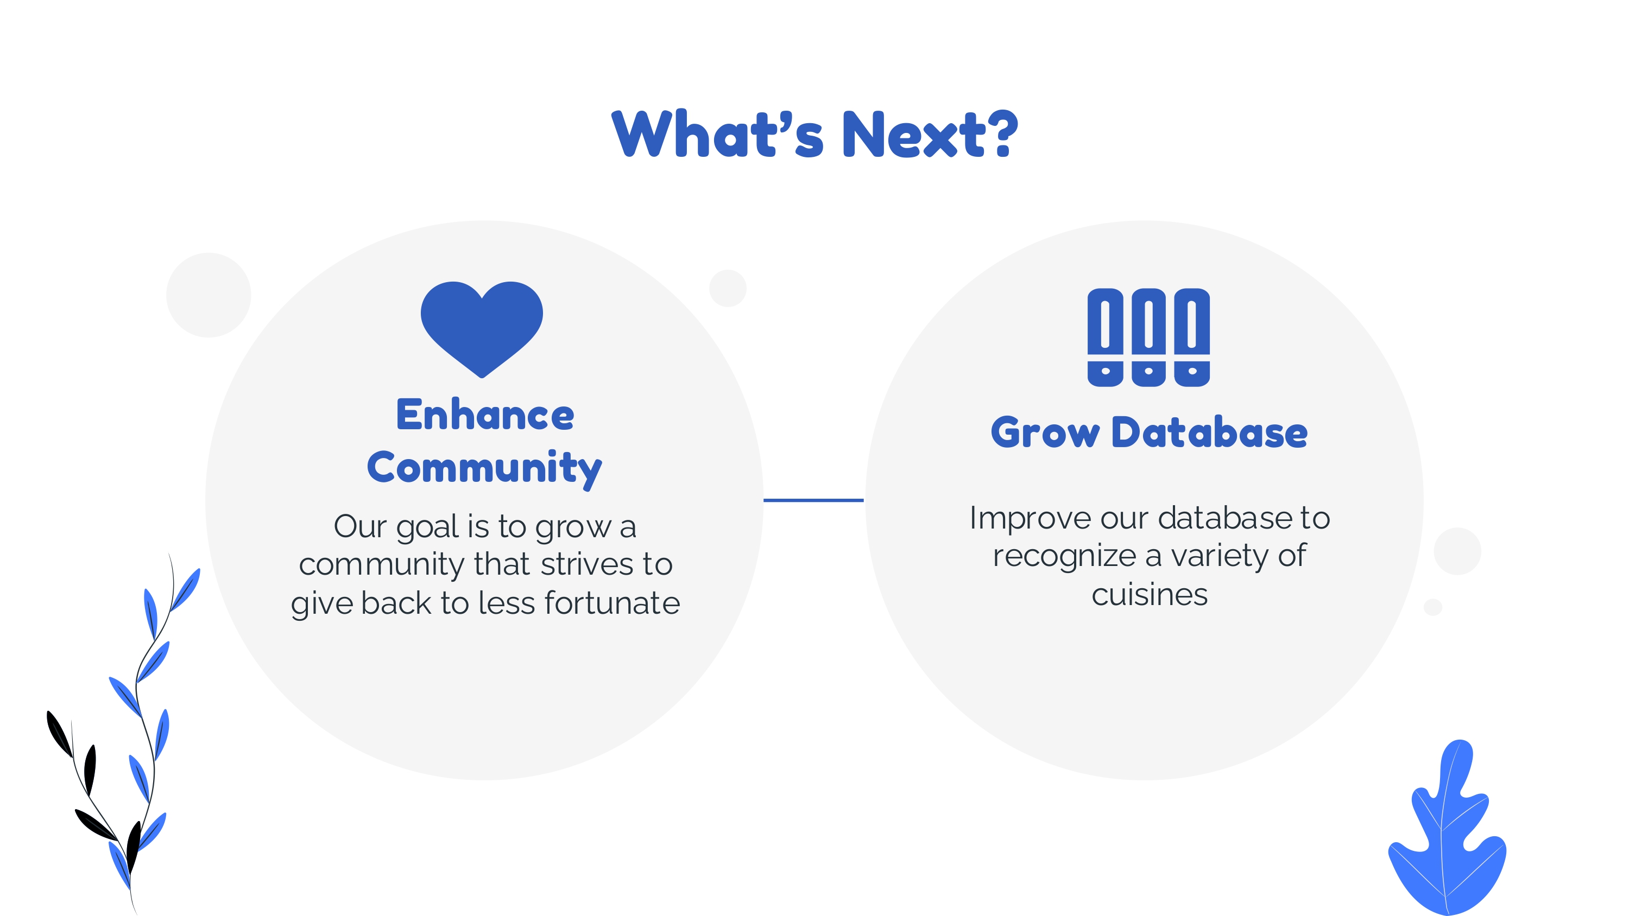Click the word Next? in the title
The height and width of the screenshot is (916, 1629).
point(930,134)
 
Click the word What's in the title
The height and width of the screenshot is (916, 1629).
point(718,134)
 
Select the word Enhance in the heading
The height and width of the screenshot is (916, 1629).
point(485,415)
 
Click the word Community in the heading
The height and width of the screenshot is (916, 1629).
point(484,468)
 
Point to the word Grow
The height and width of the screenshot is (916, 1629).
point(1045,434)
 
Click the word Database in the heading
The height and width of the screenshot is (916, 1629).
point(1209,433)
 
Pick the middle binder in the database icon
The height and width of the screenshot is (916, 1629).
point(1148,337)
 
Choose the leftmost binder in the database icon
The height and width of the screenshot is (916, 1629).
point(1105,337)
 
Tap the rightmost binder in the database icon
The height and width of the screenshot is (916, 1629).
point(1192,337)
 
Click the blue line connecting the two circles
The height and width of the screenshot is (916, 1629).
point(814,500)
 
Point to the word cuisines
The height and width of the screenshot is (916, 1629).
point(1150,595)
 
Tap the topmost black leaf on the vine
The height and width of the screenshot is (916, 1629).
point(60,734)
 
